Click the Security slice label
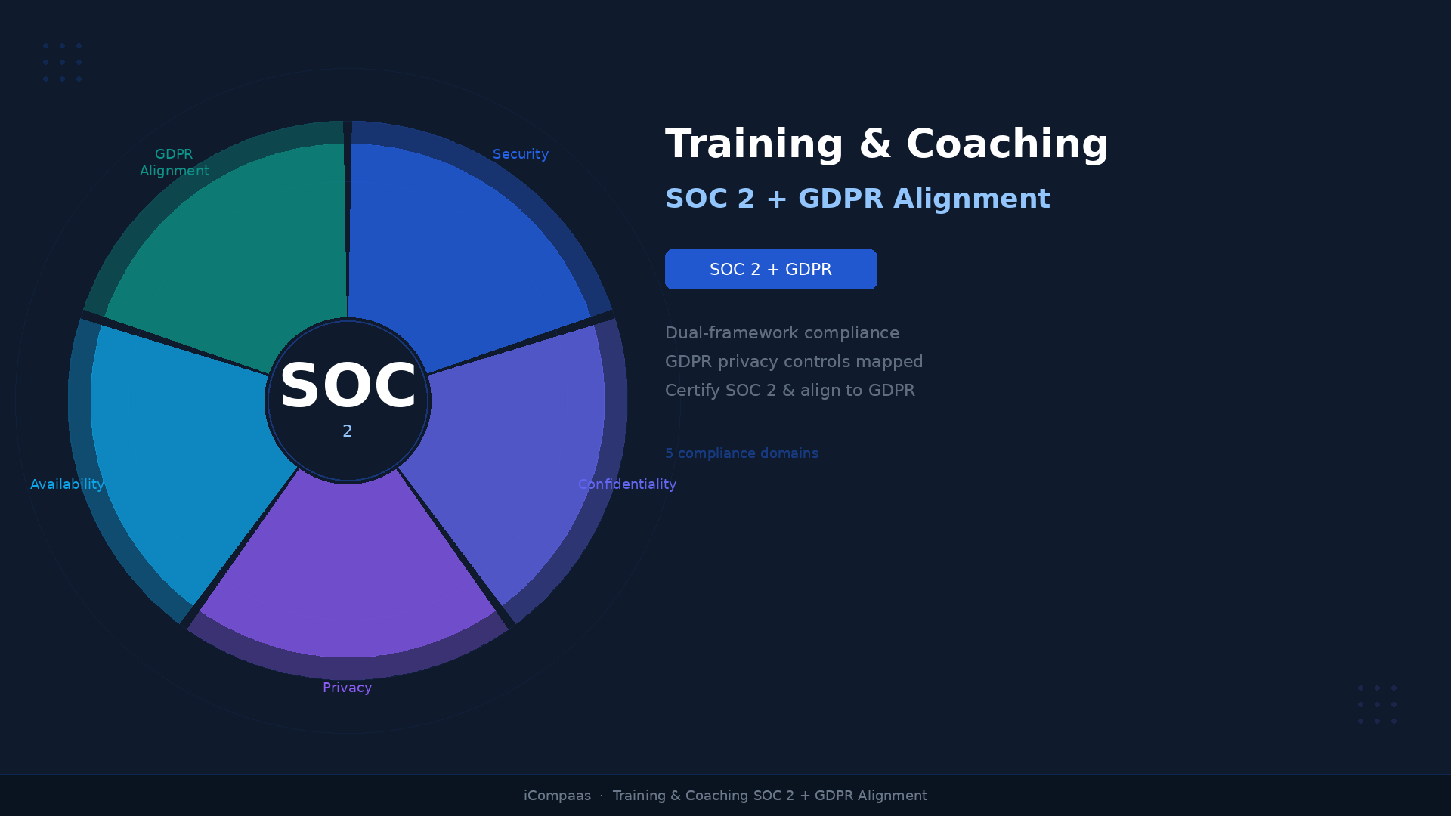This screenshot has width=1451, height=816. pyautogui.click(x=520, y=154)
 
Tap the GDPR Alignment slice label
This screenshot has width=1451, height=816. pyautogui.click(x=175, y=162)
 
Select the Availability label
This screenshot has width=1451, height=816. pyautogui.click(x=67, y=484)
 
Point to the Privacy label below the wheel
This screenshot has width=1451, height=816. pyautogui.click(x=347, y=688)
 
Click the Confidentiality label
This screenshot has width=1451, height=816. pyautogui.click(x=626, y=484)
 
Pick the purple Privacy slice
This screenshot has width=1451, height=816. pyautogui.click(x=348, y=574)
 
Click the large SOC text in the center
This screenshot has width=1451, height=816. pyautogui.click(x=348, y=386)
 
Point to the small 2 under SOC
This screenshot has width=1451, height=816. pyautogui.click(x=348, y=431)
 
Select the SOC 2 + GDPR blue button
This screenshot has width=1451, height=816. pyautogui.click(x=771, y=269)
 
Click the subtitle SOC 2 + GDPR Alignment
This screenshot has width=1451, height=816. pyautogui.click(x=857, y=199)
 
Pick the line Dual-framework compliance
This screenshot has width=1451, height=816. pyautogui.click(x=782, y=333)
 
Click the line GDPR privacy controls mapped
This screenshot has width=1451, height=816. pyautogui.click(x=794, y=362)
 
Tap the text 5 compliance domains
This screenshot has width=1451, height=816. pyautogui.click(x=741, y=453)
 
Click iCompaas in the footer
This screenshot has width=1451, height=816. pyautogui.click(x=557, y=796)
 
